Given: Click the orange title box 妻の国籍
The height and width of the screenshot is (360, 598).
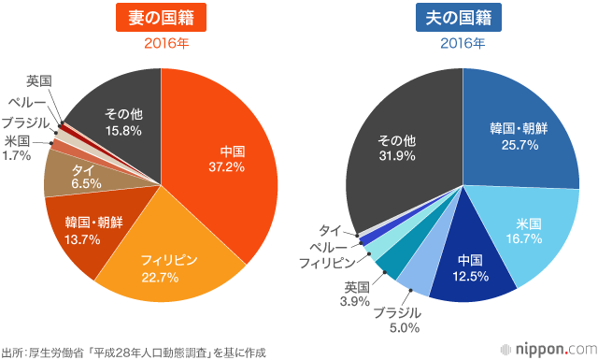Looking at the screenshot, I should (161, 18).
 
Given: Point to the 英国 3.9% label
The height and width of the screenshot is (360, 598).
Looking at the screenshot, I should (357, 295).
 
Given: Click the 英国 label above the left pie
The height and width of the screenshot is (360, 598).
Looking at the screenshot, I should (39, 80).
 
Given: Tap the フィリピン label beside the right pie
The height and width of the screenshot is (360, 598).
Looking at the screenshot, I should (327, 262).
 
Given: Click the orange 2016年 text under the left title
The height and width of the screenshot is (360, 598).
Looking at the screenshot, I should (161, 43).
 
